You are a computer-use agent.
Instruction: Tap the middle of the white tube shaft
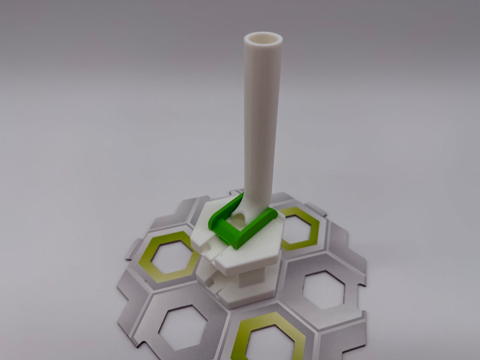pyautogui.click(x=262, y=117)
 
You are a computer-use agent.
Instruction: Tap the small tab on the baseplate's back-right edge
pyautogui.click(x=315, y=208)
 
